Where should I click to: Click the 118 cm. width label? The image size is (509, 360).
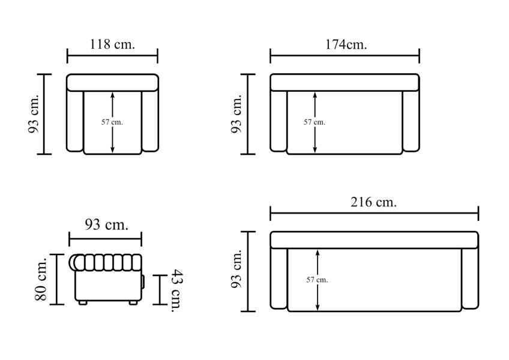click(112, 44)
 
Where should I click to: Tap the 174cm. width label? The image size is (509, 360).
click(346, 44)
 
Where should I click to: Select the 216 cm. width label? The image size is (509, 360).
click(373, 202)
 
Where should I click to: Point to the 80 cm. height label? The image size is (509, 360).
click(41, 279)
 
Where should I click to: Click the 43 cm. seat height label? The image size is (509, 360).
click(177, 290)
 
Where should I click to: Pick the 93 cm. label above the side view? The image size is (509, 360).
click(106, 224)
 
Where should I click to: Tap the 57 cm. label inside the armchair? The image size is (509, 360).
click(112, 122)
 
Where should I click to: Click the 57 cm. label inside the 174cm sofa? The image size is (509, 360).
click(315, 122)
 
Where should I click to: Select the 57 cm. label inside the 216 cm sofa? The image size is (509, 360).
click(317, 280)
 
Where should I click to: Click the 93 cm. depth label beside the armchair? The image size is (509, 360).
click(34, 114)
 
